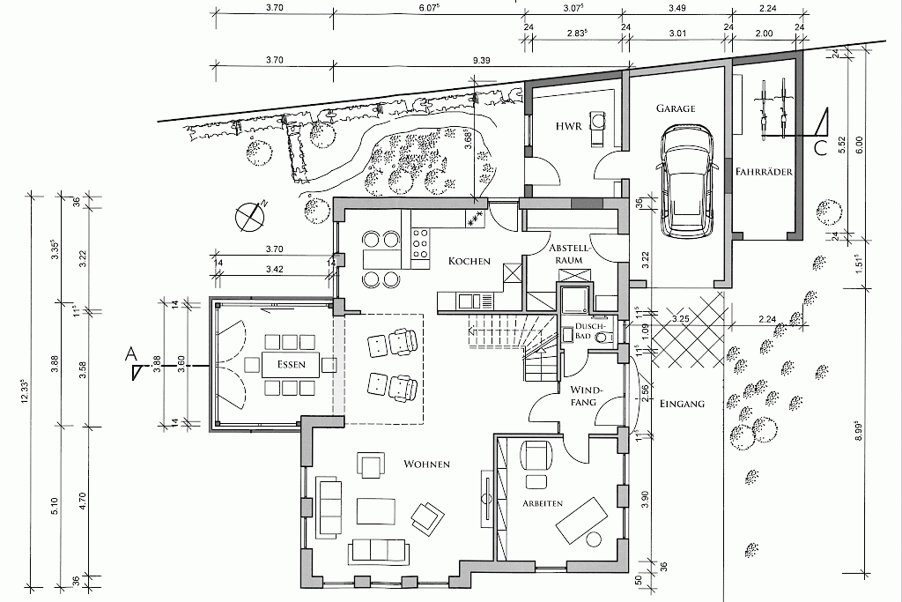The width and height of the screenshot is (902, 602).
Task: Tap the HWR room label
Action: point(569,125)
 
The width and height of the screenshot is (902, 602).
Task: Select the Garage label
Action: point(676,108)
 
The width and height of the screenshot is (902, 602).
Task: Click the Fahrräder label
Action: point(764,172)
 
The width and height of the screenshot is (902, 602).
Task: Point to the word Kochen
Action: point(469,261)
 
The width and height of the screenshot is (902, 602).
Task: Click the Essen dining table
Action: point(291,364)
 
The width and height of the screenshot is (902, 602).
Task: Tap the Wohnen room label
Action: point(426,464)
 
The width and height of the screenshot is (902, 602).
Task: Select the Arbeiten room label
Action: point(543,503)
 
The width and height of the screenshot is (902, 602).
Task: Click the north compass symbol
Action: point(251,217)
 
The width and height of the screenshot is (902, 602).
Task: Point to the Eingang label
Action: point(682,404)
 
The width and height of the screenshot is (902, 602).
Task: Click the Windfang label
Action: point(583,396)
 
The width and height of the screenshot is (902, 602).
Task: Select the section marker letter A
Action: point(130,355)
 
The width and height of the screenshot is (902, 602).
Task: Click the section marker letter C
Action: point(820,148)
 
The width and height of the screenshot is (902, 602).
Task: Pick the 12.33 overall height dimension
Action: point(24,390)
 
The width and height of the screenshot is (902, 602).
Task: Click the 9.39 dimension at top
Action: point(481,60)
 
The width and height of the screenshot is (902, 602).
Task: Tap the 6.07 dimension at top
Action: point(430,8)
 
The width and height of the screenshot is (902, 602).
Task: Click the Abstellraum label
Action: point(569,254)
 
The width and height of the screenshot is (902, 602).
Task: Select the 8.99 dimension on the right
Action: point(858,430)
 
